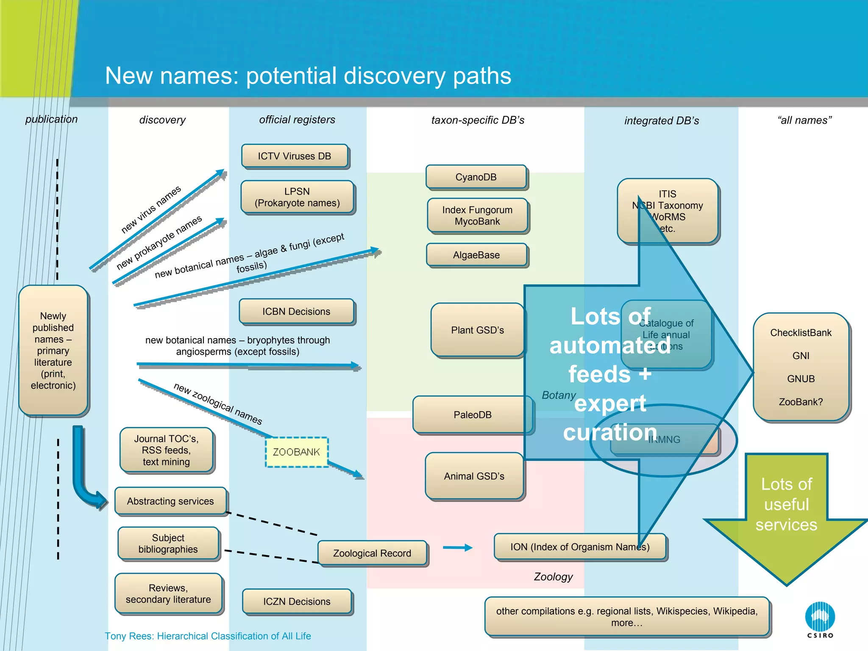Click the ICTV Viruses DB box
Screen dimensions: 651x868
click(295, 156)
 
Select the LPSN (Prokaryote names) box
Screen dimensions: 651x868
click(297, 197)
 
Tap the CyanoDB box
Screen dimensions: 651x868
click(476, 177)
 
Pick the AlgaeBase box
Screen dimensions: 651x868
click(476, 255)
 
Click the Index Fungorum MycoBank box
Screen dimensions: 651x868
click(477, 216)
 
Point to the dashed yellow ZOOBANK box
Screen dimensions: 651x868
click(296, 452)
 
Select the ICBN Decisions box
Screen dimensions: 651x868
click(296, 312)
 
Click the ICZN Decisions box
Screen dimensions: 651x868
click(297, 601)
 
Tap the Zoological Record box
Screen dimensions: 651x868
click(372, 553)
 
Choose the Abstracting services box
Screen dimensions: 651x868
click(170, 501)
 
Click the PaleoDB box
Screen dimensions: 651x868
click(473, 415)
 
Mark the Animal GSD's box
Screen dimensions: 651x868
click(474, 476)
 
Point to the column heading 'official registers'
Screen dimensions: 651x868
click(297, 120)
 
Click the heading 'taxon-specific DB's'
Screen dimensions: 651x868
click(478, 120)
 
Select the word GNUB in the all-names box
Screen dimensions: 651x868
click(801, 379)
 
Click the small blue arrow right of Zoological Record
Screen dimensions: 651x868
click(457, 548)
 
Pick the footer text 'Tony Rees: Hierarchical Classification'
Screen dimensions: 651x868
click(208, 636)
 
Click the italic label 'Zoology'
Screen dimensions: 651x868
click(553, 577)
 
